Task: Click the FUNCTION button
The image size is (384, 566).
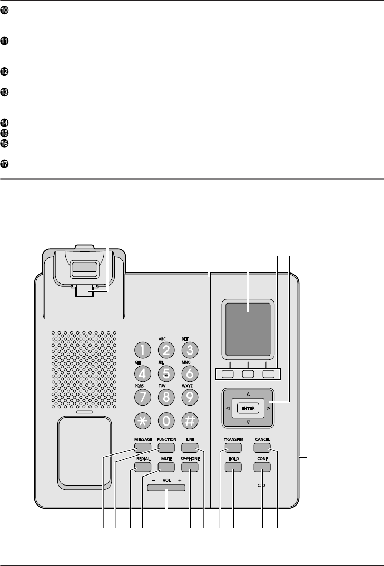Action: pyautogui.click(x=165, y=448)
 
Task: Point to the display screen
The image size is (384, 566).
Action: pyautogui.click(x=248, y=329)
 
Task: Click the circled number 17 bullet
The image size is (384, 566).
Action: pyautogui.click(x=5, y=164)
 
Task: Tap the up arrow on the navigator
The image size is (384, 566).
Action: pyautogui.click(x=248, y=393)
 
